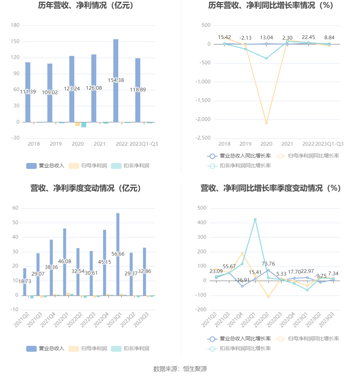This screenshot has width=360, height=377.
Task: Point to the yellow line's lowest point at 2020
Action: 266,123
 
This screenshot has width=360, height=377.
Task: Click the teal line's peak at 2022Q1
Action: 255,219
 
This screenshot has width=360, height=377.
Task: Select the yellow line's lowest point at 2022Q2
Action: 268,297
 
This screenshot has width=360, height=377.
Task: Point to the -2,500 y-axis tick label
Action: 203,138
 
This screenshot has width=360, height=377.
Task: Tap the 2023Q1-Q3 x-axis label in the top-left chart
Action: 144,144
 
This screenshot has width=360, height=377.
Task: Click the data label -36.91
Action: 243,280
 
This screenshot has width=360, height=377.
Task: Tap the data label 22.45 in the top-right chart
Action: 308,38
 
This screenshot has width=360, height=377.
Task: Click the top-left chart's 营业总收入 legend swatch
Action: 32,166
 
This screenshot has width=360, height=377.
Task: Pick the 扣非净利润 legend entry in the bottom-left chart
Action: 130,349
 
